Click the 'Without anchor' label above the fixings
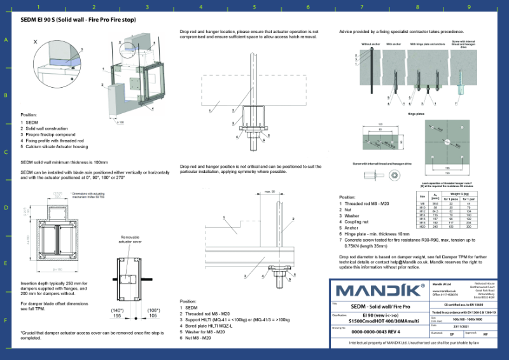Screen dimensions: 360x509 (370, 45)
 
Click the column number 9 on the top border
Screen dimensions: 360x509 (469, 8)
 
